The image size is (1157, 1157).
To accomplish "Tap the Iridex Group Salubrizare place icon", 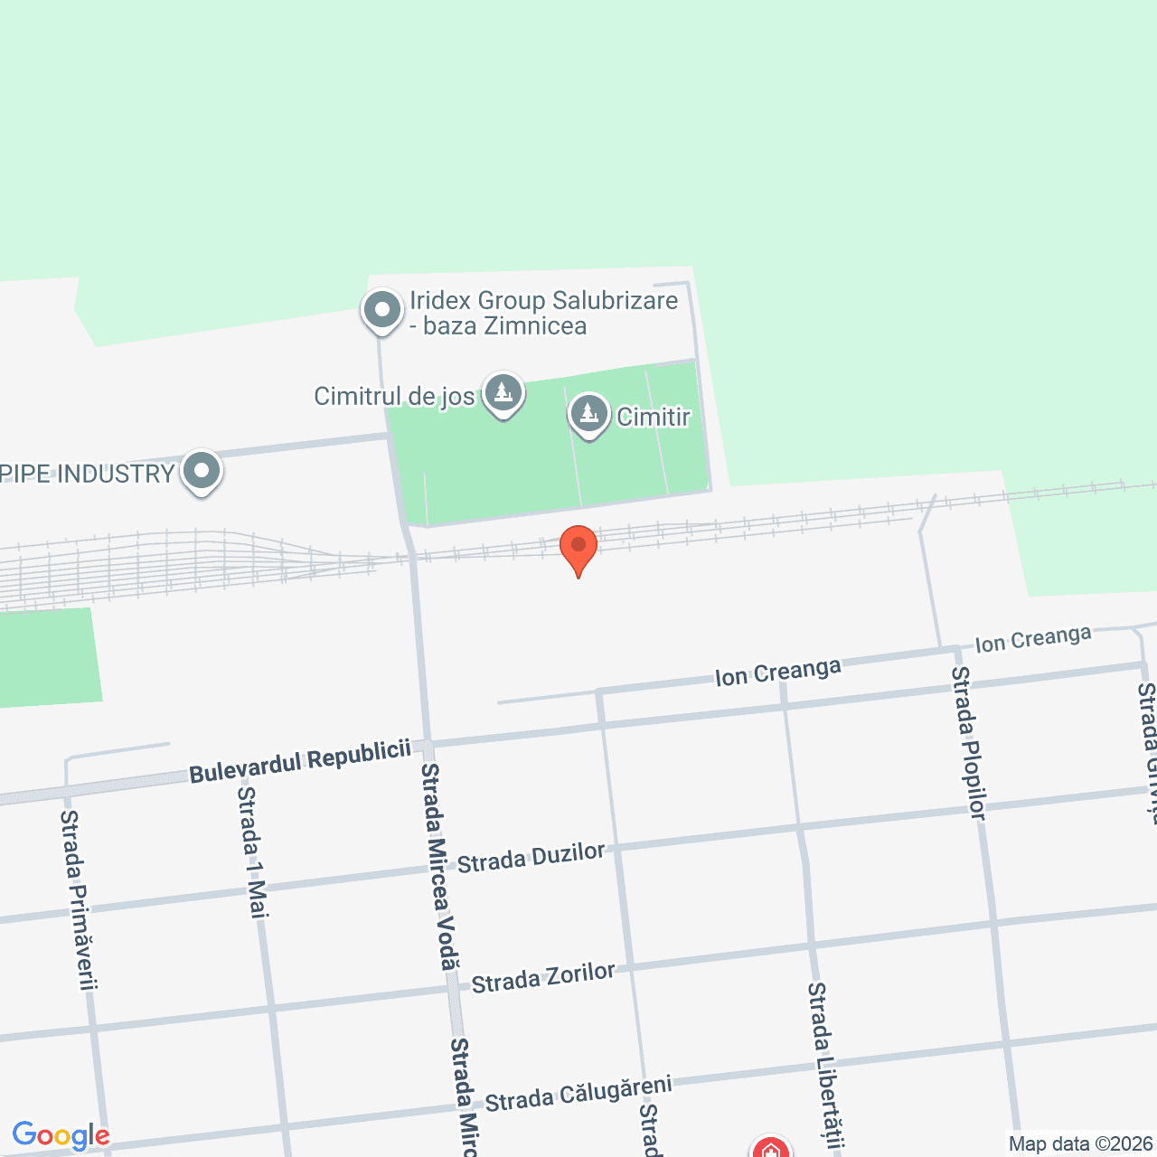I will pyautogui.click(x=382, y=310).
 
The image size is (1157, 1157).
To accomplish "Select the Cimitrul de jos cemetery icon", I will pyautogui.click(x=503, y=394).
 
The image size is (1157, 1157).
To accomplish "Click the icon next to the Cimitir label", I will pyautogui.click(x=589, y=415).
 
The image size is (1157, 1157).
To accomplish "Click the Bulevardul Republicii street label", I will pyautogui.click(x=300, y=761).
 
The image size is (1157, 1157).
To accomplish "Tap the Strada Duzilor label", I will pyautogui.click(x=531, y=857).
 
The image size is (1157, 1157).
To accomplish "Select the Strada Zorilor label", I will pyautogui.click(x=543, y=978).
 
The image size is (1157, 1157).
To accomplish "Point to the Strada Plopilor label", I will pyautogui.click(x=968, y=743).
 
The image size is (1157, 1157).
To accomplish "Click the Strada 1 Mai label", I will pyautogui.click(x=253, y=851).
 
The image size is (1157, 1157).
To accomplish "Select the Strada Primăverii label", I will pyautogui.click(x=78, y=899).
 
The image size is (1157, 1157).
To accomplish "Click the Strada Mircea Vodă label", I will pyautogui.click(x=439, y=866).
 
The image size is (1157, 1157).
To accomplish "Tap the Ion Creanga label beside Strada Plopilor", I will pyautogui.click(x=1033, y=639).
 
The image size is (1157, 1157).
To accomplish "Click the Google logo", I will pyautogui.click(x=61, y=1135).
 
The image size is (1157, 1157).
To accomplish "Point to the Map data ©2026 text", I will pyautogui.click(x=1080, y=1143).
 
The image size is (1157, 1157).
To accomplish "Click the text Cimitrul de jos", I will pyautogui.click(x=394, y=396).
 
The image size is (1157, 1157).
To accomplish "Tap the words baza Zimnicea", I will pyautogui.click(x=504, y=326).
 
